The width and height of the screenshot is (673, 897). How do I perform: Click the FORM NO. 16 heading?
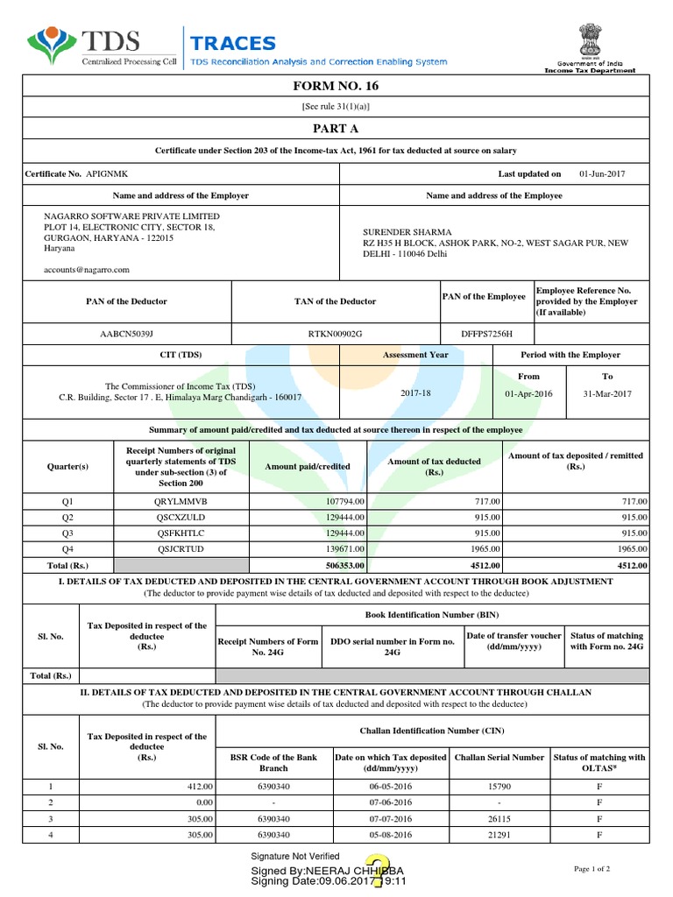point(336,86)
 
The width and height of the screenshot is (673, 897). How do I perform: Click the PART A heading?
point(336,128)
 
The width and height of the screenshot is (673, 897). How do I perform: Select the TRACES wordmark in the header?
point(233,44)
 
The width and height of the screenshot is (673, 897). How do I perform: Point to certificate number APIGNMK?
point(107,174)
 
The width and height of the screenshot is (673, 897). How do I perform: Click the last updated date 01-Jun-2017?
point(602,174)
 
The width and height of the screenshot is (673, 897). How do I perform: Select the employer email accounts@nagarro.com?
point(87,271)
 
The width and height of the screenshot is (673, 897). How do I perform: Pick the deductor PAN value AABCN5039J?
point(124,335)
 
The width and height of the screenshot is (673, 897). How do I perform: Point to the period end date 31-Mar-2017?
point(606,393)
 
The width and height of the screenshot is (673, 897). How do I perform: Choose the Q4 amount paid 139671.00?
point(340,548)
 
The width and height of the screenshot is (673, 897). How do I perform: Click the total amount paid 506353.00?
point(340,565)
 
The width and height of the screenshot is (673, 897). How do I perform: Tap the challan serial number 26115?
point(499,819)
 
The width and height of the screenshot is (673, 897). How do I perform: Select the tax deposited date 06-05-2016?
point(390,788)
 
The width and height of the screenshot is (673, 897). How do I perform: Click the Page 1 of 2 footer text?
point(592,868)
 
